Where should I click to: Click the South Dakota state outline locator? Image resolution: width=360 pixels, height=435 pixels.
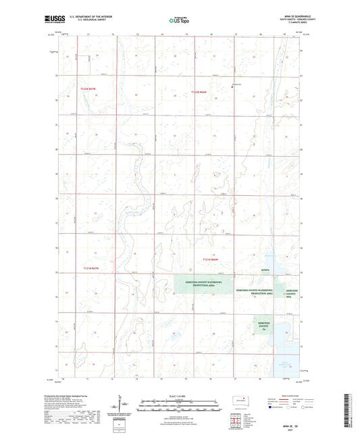point(241,398)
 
